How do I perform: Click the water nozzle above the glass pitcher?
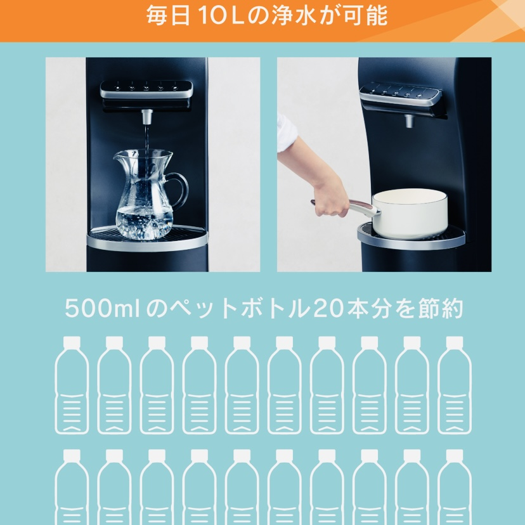[x=146, y=117]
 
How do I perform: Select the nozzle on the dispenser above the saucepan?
[x=409, y=121]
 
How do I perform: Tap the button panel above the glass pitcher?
[x=146, y=89]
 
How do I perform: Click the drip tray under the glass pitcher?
[x=147, y=238]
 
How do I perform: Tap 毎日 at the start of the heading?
[x=169, y=16]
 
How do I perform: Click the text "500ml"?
[x=102, y=308]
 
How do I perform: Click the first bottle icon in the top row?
[x=72, y=385]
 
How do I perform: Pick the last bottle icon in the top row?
[x=455, y=385]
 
